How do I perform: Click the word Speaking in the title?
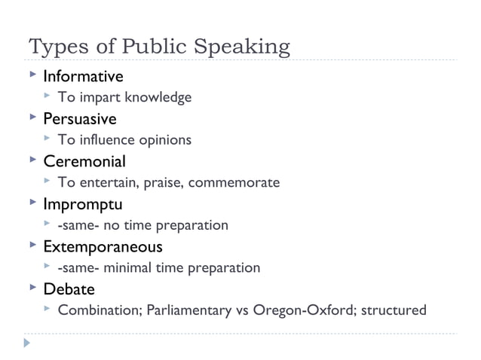click(244, 47)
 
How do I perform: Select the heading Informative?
click(83, 76)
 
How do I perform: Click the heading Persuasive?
click(79, 118)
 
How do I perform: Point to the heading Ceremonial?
click(84, 161)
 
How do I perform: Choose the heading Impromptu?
click(82, 204)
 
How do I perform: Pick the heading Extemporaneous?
click(103, 246)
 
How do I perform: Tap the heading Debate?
click(69, 289)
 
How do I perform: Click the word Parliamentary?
click(185, 310)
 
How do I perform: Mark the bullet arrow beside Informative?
click(32, 76)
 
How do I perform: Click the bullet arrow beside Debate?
click(32, 288)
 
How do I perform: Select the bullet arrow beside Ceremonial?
click(32, 160)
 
